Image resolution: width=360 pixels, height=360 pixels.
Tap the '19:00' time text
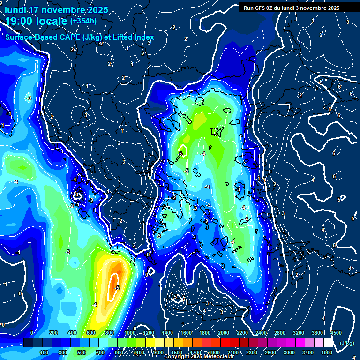[19, 21]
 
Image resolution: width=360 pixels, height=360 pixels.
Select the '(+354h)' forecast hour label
[83, 21]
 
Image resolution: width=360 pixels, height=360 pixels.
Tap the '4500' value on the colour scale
[336, 332]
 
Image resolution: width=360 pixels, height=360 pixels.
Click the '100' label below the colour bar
[44, 352]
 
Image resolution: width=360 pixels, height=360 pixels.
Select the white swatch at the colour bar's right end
[328, 343]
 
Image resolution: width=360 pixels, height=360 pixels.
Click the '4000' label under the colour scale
[327, 352]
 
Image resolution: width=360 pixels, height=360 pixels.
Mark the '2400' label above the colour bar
[261, 332]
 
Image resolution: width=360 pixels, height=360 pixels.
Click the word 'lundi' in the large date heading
[15, 10]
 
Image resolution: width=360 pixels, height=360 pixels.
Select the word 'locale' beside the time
[52, 21]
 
